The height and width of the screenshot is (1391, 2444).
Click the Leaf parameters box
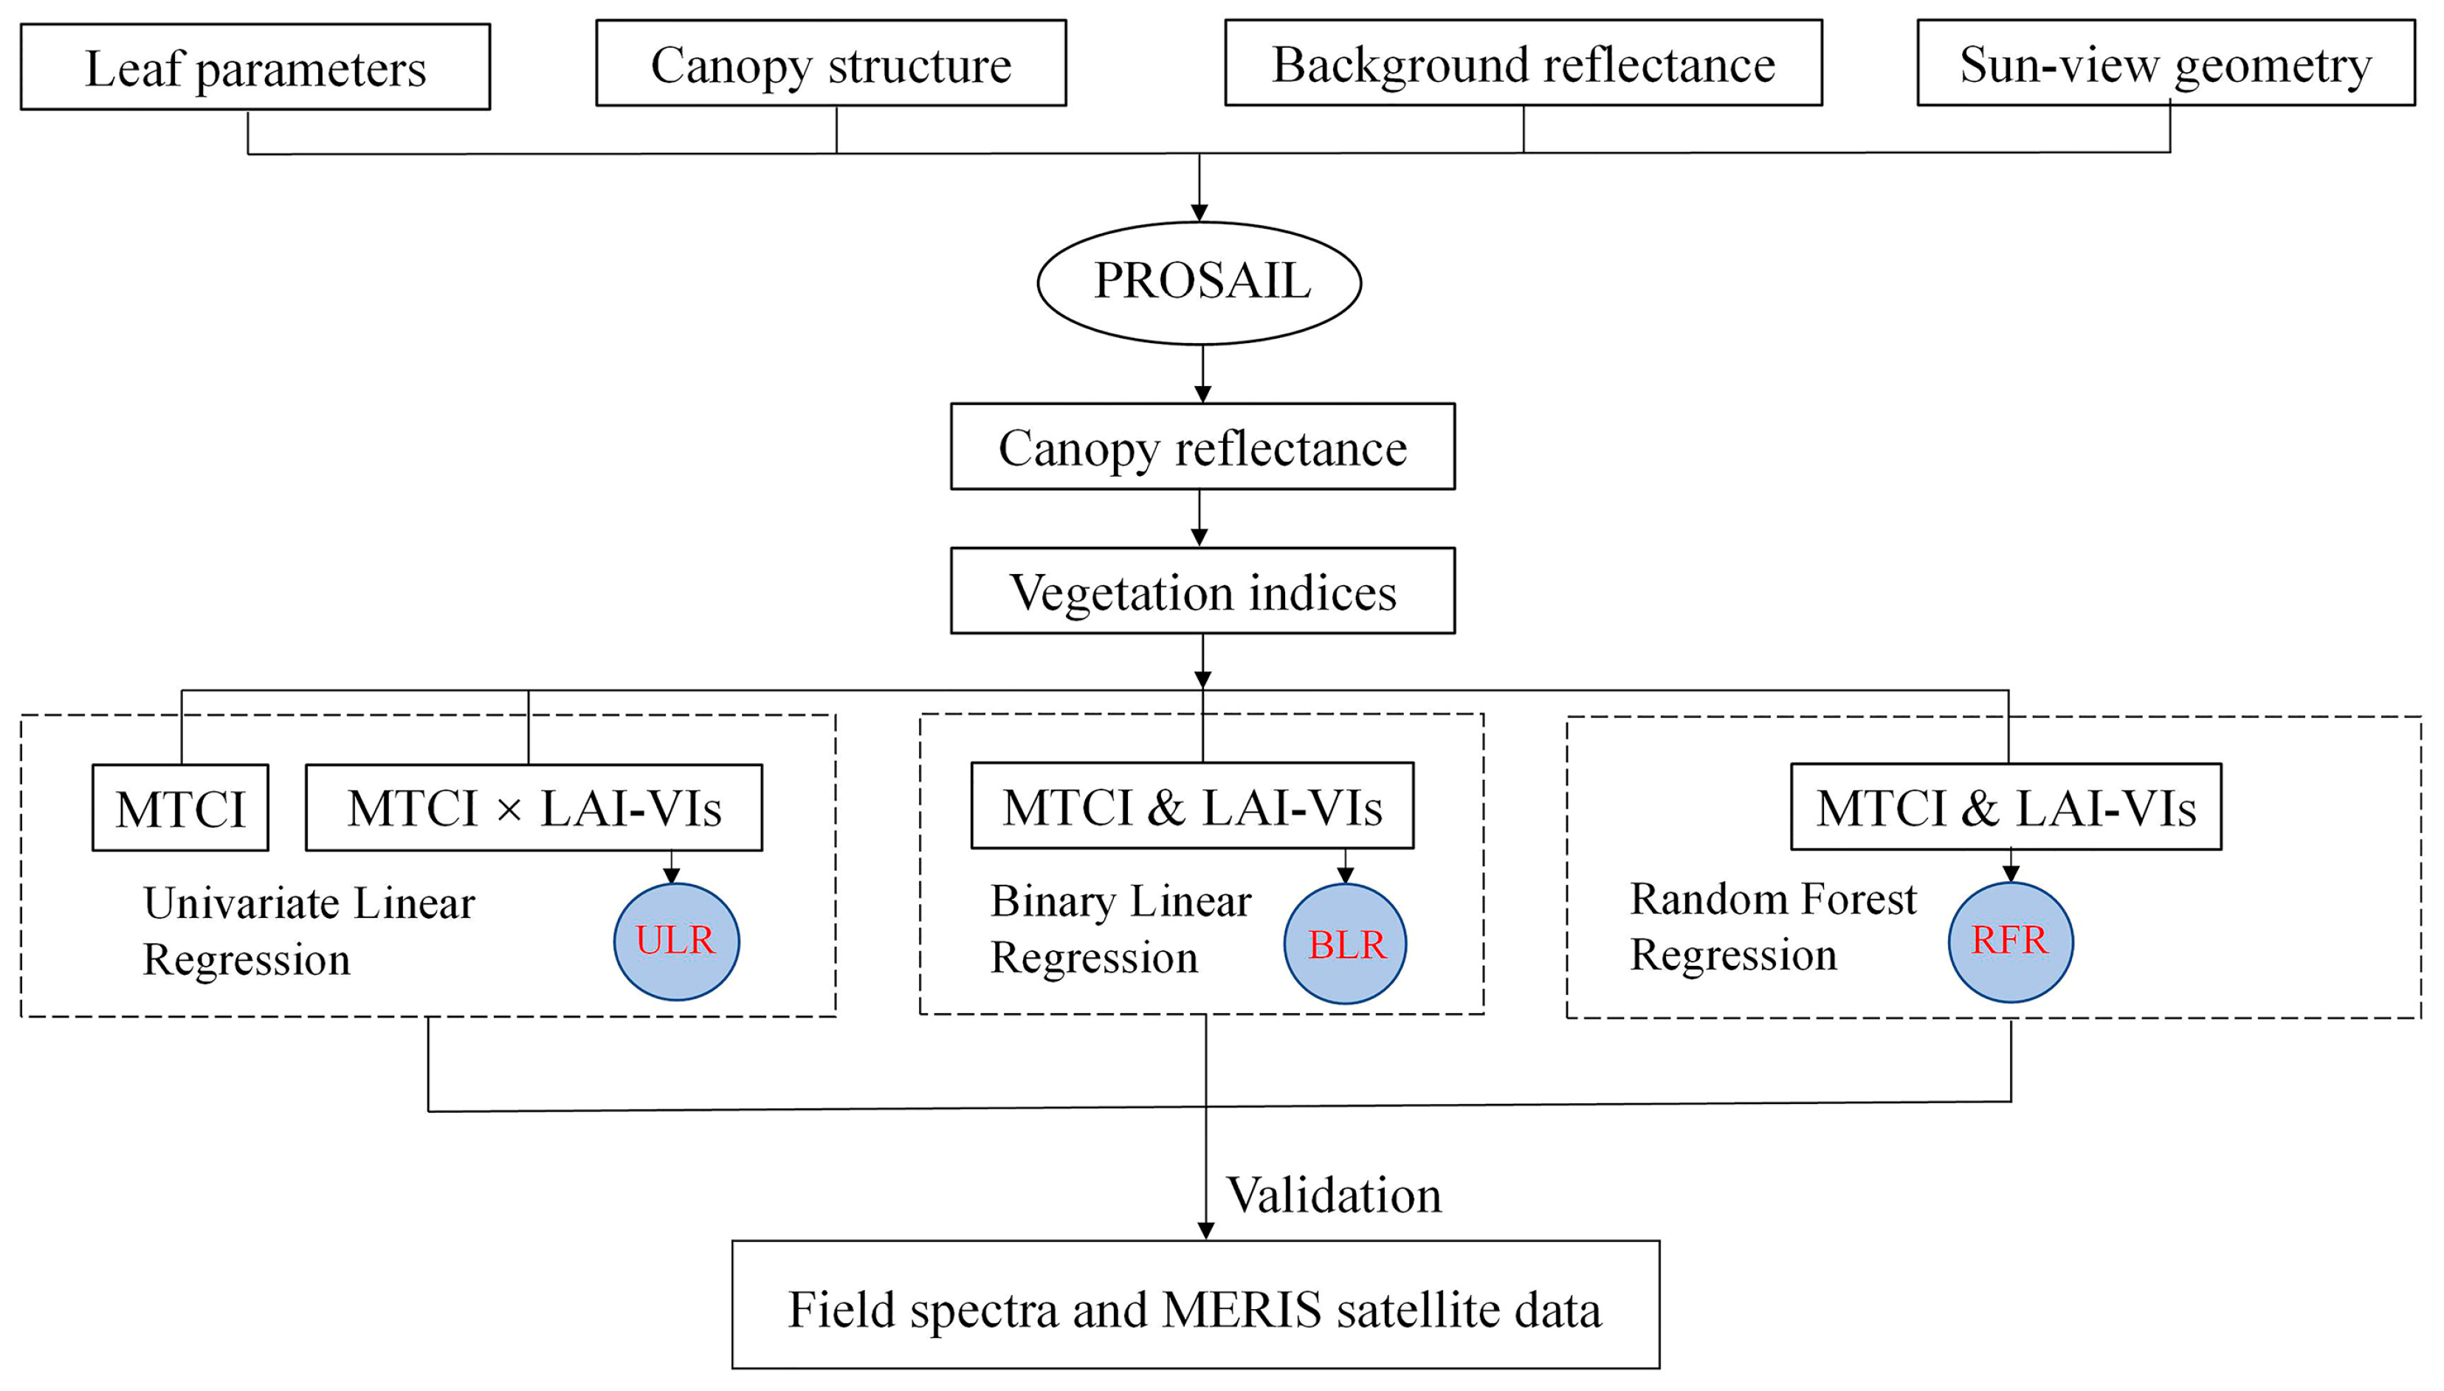click(x=255, y=67)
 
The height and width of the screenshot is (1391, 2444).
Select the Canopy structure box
click(x=830, y=63)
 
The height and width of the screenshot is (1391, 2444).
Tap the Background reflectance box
click(x=1523, y=63)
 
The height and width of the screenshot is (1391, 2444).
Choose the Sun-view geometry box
click(x=2165, y=63)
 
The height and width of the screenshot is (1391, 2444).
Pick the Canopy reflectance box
click(x=1202, y=446)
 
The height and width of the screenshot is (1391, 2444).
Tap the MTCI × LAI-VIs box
click(x=533, y=807)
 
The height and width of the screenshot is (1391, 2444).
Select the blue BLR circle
click(x=1344, y=943)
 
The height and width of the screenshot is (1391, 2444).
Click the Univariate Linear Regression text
click(x=308, y=930)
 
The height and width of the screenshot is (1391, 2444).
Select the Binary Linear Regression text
click(x=1120, y=928)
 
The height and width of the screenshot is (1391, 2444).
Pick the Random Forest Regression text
click(x=1772, y=926)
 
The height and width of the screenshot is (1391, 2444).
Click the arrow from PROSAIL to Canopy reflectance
click(x=1202, y=375)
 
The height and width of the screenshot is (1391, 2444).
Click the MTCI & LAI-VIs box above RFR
click(x=2005, y=807)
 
